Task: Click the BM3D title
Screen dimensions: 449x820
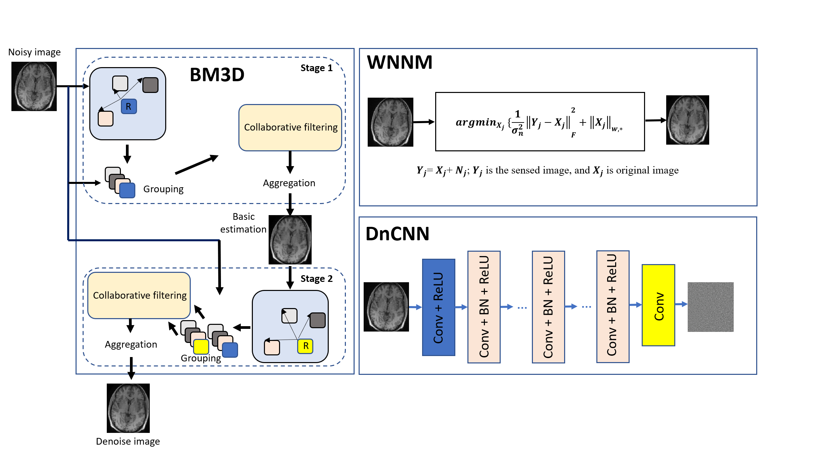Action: pyautogui.click(x=217, y=74)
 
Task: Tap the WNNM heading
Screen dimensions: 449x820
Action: pyautogui.click(x=400, y=62)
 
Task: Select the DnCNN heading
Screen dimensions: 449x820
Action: pyautogui.click(x=397, y=234)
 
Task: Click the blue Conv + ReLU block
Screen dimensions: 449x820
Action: pyautogui.click(x=439, y=307)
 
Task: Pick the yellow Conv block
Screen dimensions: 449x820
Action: pyautogui.click(x=658, y=305)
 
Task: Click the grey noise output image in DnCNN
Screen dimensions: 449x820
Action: pyautogui.click(x=711, y=307)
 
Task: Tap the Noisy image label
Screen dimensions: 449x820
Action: pyautogui.click(x=34, y=52)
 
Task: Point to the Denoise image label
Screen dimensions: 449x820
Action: pyautogui.click(x=128, y=441)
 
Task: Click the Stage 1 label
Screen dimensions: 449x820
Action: pyautogui.click(x=316, y=68)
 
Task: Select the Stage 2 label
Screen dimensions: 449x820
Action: pyautogui.click(x=316, y=279)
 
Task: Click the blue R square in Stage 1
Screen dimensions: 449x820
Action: pyautogui.click(x=129, y=106)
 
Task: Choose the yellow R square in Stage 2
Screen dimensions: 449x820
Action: pyautogui.click(x=305, y=346)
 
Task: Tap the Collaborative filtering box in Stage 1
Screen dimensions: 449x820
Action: pyautogui.click(x=290, y=128)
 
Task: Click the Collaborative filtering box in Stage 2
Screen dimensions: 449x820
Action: pyautogui.click(x=139, y=295)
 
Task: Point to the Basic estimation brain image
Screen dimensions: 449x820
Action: pyautogui.click(x=290, y=240)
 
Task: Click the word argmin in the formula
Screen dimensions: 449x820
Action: pyautogui.click(x=476, y=122)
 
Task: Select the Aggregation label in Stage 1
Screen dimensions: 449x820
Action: pyautogui.click(x=289, y=183)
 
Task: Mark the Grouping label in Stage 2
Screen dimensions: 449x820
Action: pyautogui.click(x=201, y=358)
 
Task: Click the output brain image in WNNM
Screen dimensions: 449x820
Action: pyautogui.click(x=687, y=120)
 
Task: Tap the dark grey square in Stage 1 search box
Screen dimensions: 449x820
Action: pyautogui.click(x=150, y=85)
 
